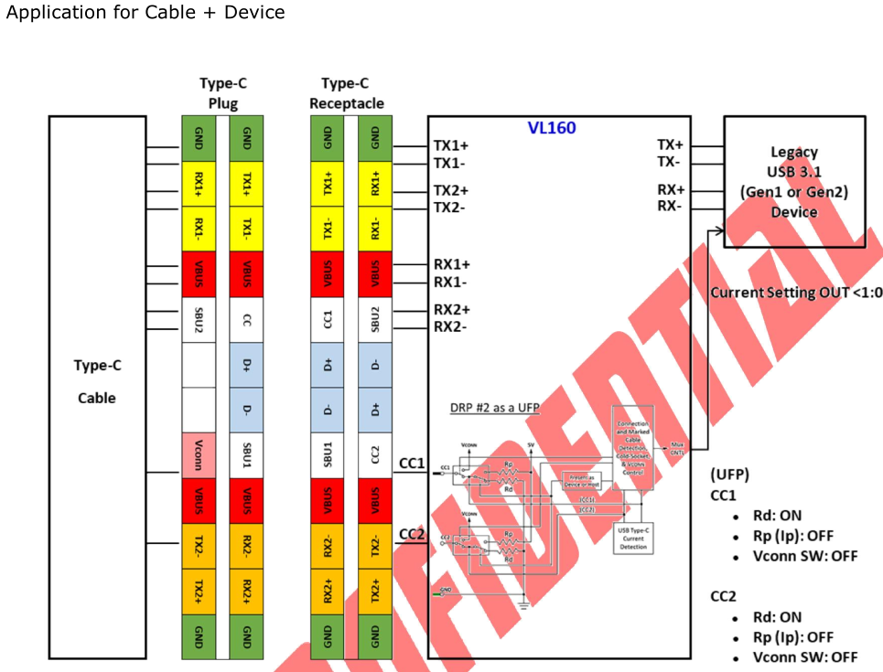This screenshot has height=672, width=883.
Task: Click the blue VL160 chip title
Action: click(x=552, y=128)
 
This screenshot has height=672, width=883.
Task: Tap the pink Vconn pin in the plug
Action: click(x=199, y=453)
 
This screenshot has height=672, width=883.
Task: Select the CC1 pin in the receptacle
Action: click(x=328, y=320)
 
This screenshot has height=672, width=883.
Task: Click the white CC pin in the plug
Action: click(x=246, y=320)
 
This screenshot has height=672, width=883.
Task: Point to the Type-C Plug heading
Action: click(x=222, y=93)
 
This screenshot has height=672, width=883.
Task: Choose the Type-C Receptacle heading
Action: click(x=347, y=93)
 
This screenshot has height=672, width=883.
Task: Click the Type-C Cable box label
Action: click(x=97, y=382)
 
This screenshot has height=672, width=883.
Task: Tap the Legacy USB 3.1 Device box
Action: click(x=794, y=182)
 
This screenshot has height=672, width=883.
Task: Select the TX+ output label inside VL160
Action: click(x=671, y=144)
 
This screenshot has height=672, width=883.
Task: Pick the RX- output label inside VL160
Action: click(x=671, y=207)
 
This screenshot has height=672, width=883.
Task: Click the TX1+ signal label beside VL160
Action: click(x=451, y=145)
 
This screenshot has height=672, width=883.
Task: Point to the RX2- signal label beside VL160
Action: click(x=451, y=326)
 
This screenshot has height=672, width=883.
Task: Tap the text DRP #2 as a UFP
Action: click(x=494, y=408)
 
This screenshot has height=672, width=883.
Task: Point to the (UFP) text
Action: click(x=730, y=475)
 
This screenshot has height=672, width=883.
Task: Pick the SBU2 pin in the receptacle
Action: click(x=374, y=320)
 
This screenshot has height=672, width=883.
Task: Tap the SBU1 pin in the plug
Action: click(x=246, y=453)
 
